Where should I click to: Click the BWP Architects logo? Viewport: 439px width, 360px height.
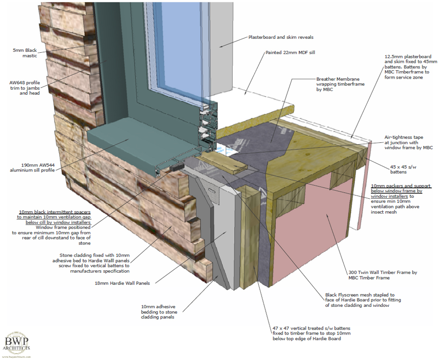(x=17, y=344)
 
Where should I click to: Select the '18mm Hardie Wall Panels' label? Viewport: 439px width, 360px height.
(x=122, y=283)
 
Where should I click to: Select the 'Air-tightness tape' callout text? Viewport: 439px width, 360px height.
(x=409, y=142)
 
